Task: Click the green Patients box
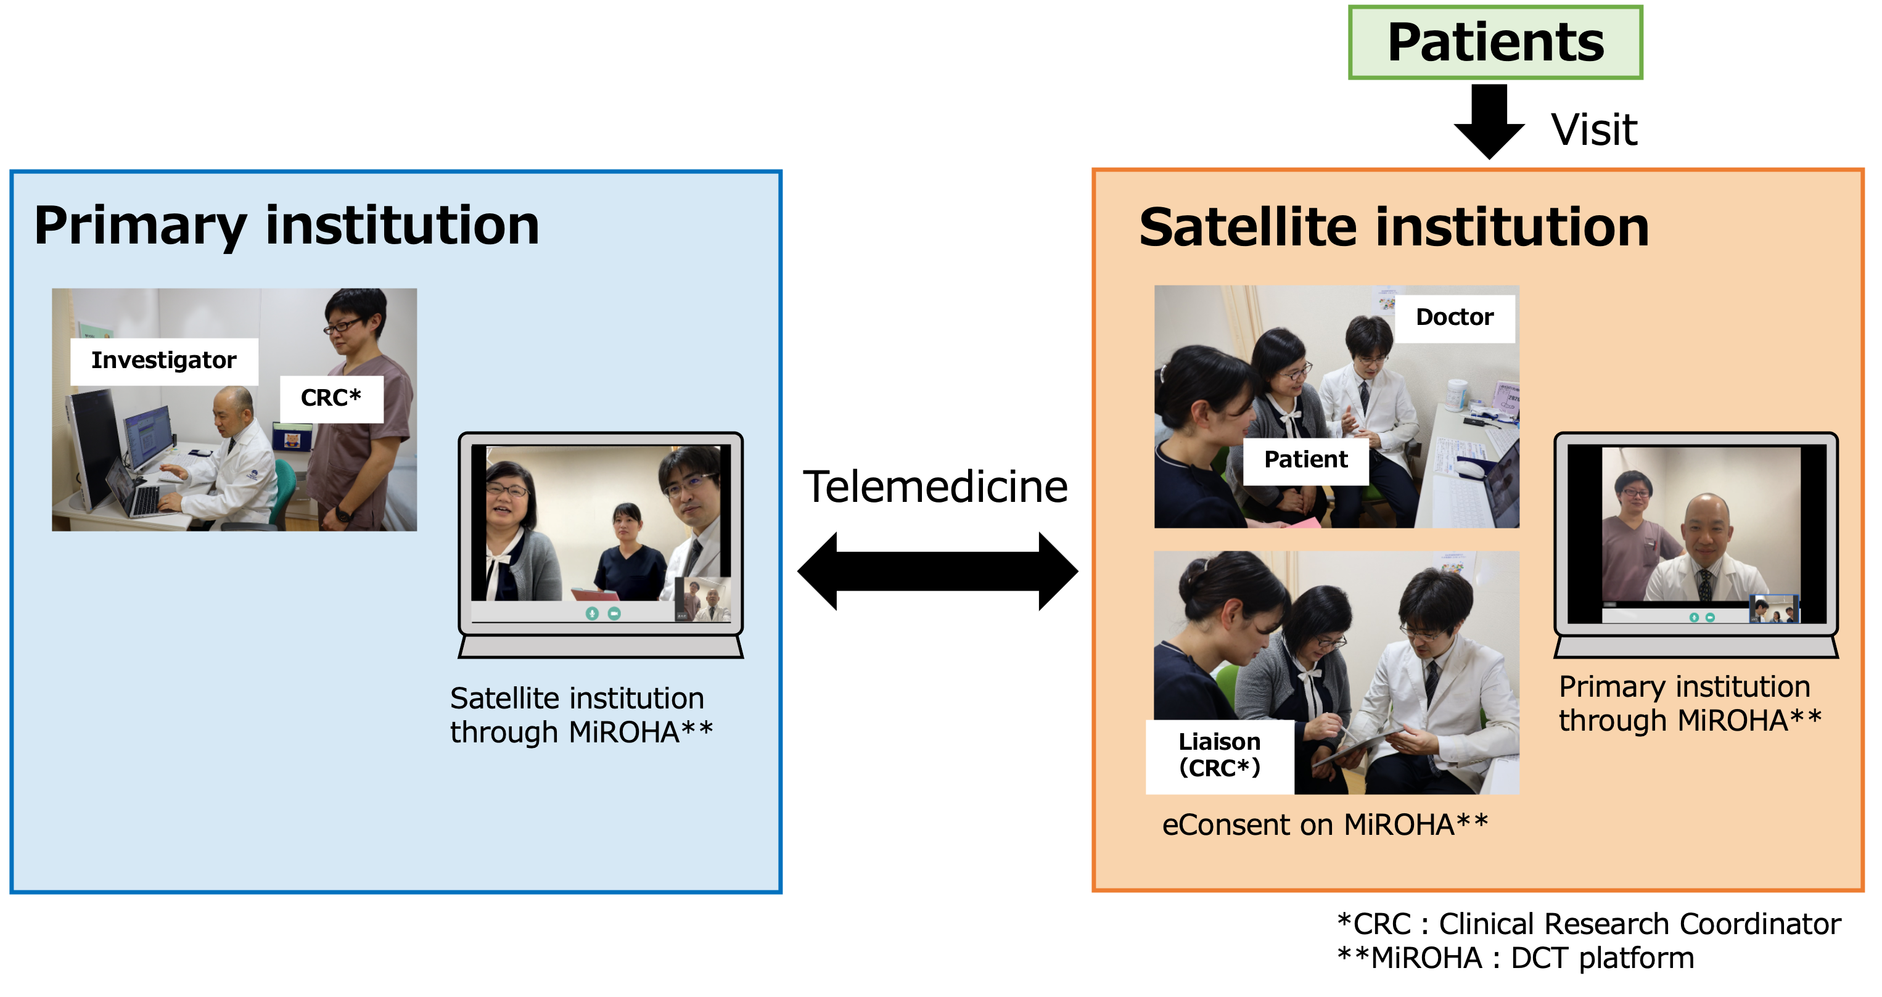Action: click(x=1495, y=43)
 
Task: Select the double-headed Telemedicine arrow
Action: click(x=937, y=571)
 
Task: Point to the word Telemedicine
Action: click(x=935, y=487)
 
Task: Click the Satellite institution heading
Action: click(x=1394, y=228)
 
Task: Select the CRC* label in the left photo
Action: click(x=331, y=399)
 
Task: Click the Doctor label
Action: click(x=1455, y=318)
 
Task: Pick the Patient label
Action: click(x=1305, y=460)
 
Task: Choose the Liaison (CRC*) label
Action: click(x=1219, y=756)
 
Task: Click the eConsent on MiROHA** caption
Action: click(x=1325, y=826)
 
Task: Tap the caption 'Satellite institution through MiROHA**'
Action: click(x=581, y=716)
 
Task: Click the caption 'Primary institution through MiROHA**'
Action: click(x=1690, y=704)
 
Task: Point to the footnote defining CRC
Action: click(x=1589, y=925)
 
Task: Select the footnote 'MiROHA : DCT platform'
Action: click(x=1515, y=958)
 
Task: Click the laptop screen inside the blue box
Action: click(x=601, y=534)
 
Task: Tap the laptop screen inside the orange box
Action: click(x=1696, y=535)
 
